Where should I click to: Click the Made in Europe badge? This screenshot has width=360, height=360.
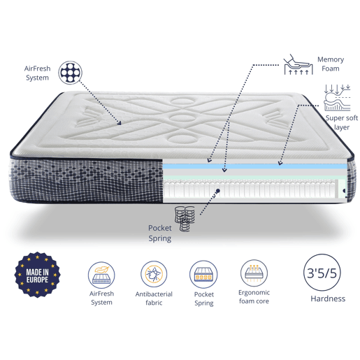point(37,275)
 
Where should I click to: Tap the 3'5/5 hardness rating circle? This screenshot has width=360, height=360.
point(322,273)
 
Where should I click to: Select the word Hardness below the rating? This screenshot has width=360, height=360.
point(328,298)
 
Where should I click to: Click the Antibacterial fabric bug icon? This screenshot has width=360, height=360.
point(154,274)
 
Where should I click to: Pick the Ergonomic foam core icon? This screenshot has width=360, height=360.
point(254,273)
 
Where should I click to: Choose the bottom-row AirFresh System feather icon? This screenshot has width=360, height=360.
point(101,275)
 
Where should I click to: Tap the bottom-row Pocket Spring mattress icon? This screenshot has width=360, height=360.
point(203,274)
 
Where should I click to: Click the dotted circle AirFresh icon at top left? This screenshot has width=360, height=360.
point(70,73)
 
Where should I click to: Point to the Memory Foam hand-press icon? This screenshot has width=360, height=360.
point(298,64)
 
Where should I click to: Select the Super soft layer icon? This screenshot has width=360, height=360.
point(337,98)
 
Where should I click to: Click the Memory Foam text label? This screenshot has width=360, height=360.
point(331,64)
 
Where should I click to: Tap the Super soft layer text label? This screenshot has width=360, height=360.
point(342,122)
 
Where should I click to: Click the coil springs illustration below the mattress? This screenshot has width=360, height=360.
point(185,219)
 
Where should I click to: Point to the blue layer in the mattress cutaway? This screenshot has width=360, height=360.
point(254,166)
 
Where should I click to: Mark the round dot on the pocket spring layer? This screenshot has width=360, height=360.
point(218,191)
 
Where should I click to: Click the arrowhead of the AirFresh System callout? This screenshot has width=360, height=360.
point(120,123)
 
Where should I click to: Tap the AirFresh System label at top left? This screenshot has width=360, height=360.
point(37,73)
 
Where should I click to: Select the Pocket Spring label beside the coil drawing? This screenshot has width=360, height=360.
point(160,233)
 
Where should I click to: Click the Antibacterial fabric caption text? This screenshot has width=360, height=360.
point(154,298)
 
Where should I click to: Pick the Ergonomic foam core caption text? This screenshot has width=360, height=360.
point(254,296)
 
